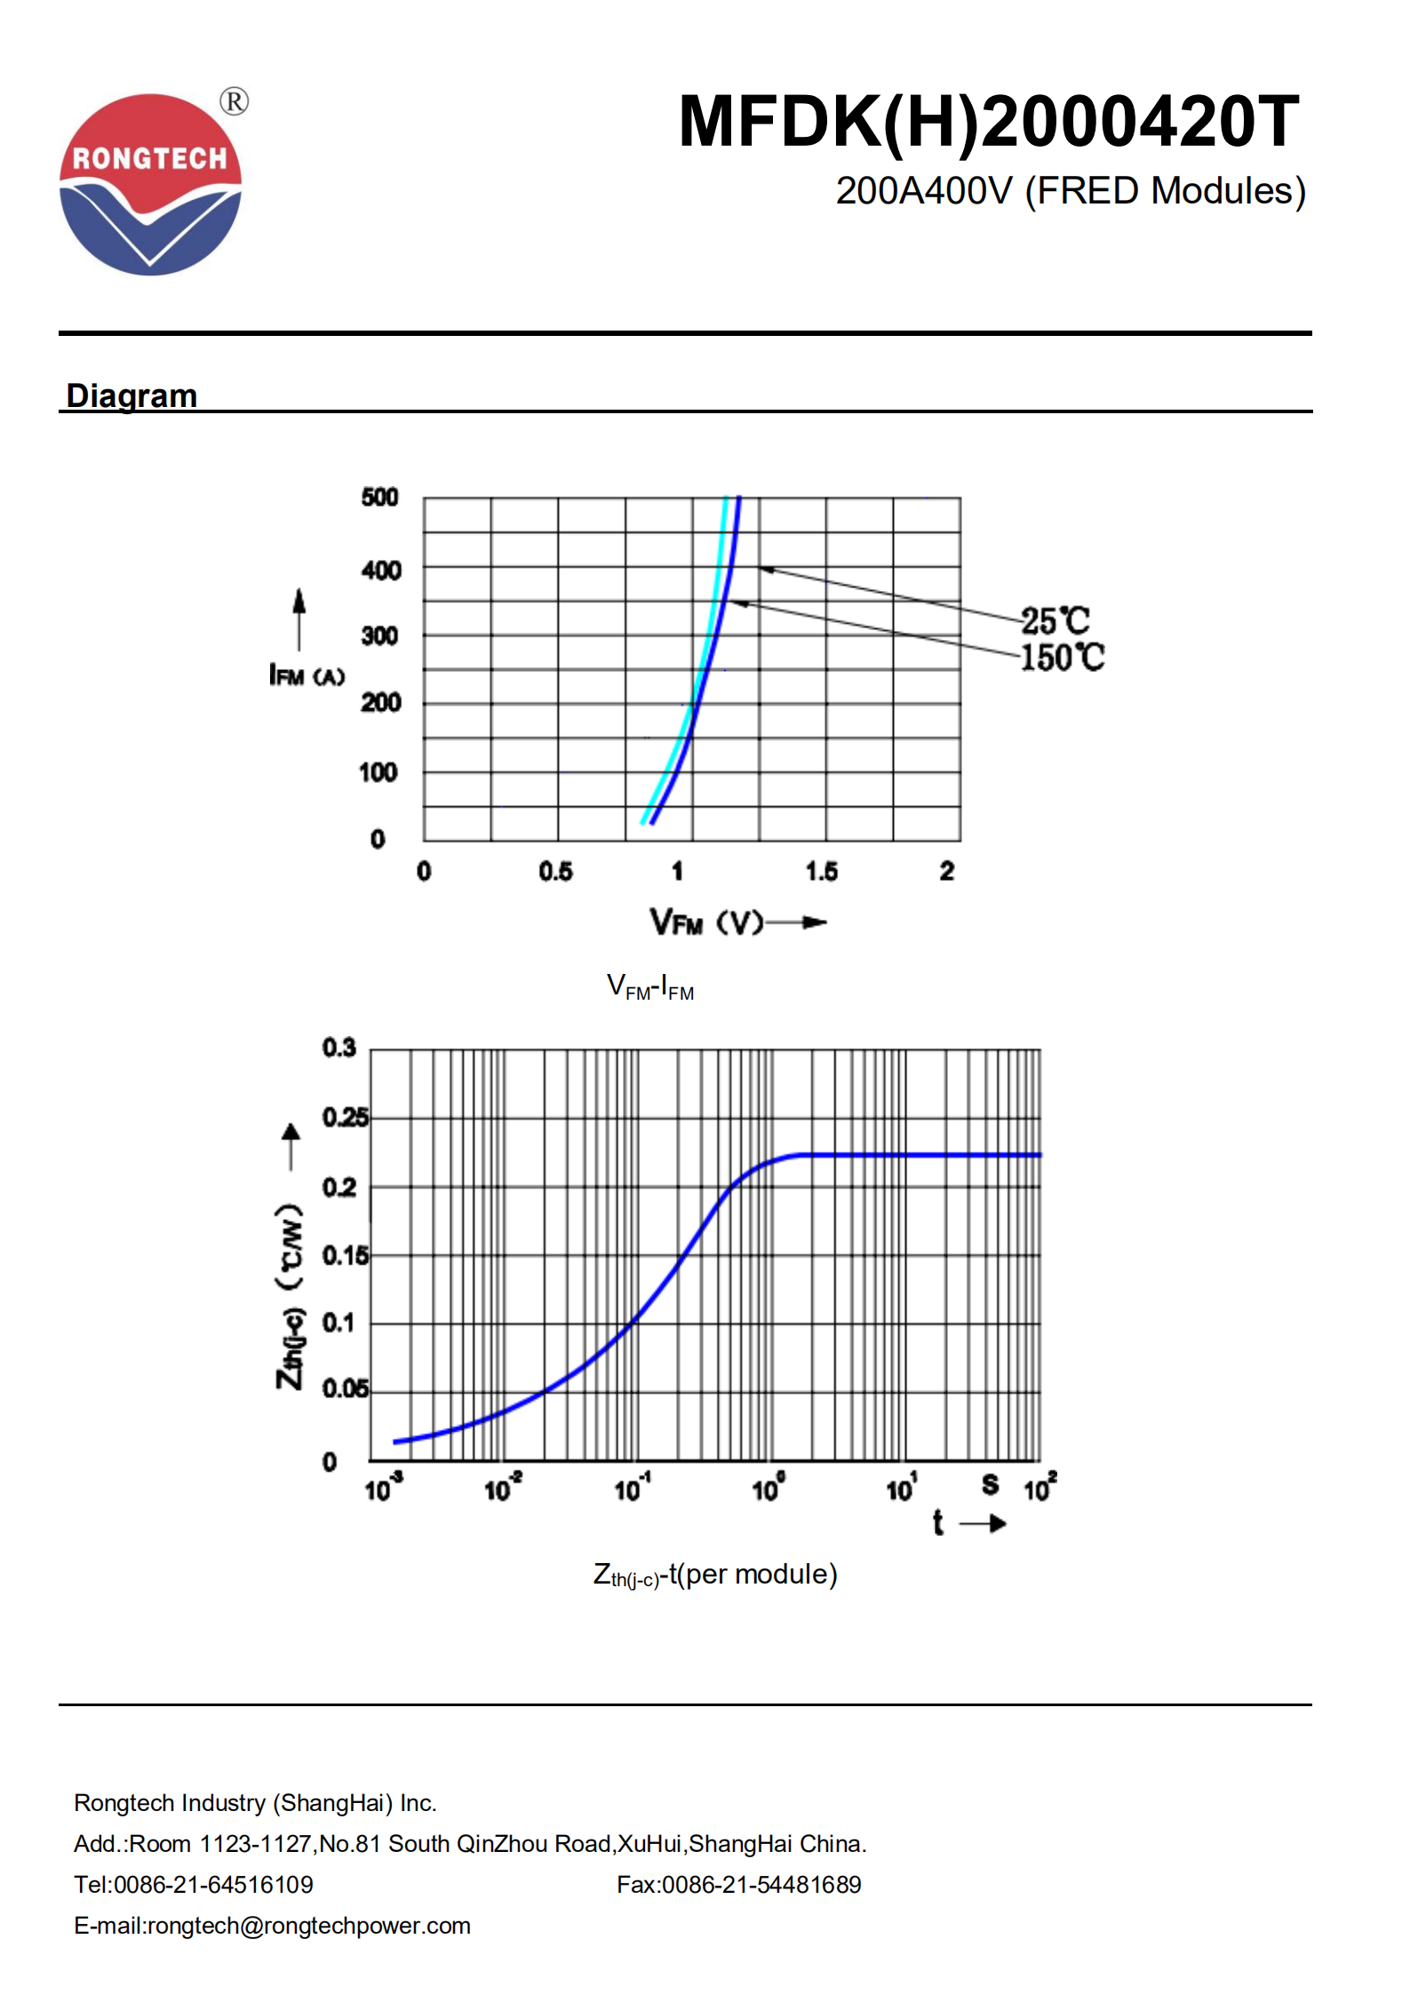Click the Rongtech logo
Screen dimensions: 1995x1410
150,185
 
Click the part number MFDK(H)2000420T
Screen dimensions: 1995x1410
988,122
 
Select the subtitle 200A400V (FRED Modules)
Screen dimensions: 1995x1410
1070,191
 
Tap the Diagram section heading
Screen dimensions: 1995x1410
131,395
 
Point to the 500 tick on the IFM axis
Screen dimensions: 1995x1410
379,497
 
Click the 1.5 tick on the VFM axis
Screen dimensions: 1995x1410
821,871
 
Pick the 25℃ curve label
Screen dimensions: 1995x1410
1055,619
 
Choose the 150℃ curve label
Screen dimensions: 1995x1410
1062,658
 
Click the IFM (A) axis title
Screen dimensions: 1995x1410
307,676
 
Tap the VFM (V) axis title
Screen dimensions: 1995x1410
706,922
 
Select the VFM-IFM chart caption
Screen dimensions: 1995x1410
650,987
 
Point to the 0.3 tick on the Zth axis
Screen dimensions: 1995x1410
339,1048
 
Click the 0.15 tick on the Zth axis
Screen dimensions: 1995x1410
345,1255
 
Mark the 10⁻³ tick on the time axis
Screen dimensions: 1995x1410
383,1488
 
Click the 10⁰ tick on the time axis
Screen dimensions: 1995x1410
768,1488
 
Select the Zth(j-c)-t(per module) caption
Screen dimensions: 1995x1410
715,1575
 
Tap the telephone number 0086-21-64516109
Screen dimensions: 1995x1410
213,1884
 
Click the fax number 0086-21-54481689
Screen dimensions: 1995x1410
761,1884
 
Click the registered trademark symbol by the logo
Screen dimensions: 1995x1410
234,101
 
